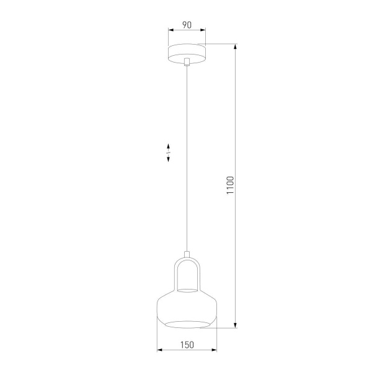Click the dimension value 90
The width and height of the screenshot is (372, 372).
click(186, 26)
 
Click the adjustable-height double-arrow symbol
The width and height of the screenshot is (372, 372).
click(168, 153)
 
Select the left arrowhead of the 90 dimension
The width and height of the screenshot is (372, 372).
click(170, 34)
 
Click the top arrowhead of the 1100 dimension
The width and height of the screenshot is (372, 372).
click(236, 46)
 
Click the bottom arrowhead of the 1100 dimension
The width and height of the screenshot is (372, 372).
click(236, 325)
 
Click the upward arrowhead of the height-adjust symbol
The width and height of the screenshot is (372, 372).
click(168, 146)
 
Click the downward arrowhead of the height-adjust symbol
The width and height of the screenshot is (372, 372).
click(168, 161)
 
